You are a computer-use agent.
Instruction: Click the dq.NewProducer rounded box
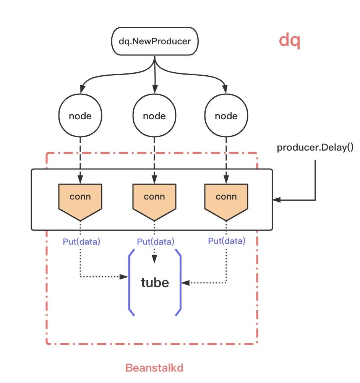coord(154,41)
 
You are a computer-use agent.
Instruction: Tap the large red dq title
coord(289,40)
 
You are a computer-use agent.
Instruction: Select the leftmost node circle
coord(80,116)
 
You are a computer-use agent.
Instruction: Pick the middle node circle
coord(154,116)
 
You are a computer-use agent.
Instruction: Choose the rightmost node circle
coord(226,116)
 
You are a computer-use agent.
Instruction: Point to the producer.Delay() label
coord(315,148)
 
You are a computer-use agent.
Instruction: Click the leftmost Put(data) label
coord(81,242)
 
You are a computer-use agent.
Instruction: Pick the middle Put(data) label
coord(155,242)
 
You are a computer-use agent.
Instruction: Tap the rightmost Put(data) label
coord(227,241)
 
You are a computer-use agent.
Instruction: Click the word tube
coord(155,282)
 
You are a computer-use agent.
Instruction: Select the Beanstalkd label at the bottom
coord(154,368)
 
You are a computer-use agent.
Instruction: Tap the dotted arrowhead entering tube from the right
coord(184,283)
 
